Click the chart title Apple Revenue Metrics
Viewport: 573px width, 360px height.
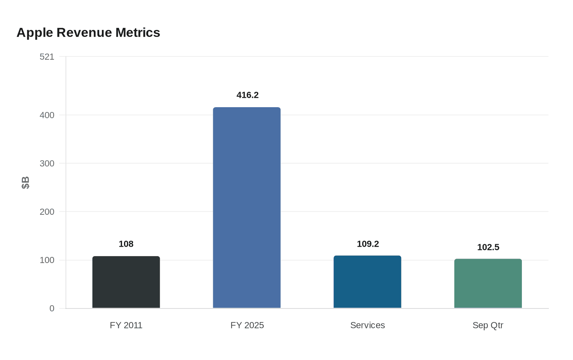tap(88, 33)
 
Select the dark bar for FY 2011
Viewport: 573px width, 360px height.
tap(126, 282)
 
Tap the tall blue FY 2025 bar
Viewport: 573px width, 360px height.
tap(247, 208)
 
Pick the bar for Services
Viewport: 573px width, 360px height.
tap(367, 282)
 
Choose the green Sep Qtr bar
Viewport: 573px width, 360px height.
tap(488, 283)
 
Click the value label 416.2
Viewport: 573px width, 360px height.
tap(248, 95)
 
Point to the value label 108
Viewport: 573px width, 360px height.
tap(126, 244)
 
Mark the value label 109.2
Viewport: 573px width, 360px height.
tap(368, 244)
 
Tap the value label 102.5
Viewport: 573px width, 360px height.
tap(488, 248)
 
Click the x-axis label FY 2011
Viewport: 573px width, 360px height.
tap(126, 326)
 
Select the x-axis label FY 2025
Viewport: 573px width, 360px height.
tap(247, 326)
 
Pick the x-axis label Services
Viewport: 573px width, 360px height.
tap(368, 326)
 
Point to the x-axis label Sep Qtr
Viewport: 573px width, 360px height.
tap(488, 326)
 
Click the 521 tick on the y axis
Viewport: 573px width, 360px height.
tap(47, 57)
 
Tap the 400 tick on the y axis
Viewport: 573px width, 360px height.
tap(47, 115)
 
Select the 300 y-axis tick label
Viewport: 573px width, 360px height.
tap(47, 164)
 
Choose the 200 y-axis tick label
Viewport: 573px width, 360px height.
tap(47, 212)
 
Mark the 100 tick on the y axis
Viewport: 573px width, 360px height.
tap(47, 260)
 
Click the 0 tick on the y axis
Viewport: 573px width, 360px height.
tap(52, 308)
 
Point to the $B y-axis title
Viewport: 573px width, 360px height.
tap(25, 183)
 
